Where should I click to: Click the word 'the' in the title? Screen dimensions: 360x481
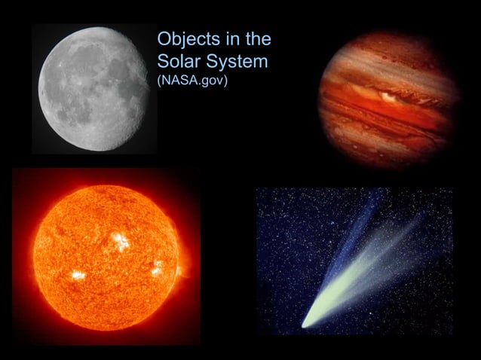tap(256, 40)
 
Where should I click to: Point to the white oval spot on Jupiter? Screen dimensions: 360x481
tap(389, 96)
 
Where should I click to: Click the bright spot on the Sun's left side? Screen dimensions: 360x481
tap(78, 275)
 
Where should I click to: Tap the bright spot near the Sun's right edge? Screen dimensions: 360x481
tap(158, 268)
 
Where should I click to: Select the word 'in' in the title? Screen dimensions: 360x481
tap(228, 40)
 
